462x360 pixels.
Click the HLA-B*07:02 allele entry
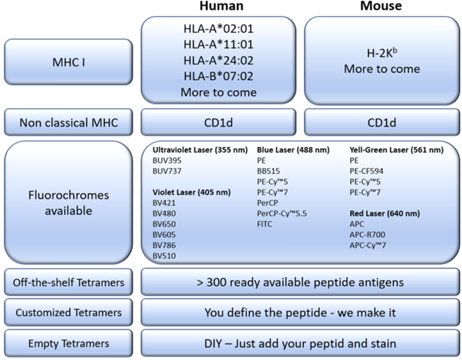(x=219, y=78)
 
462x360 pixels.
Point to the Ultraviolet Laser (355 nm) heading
(x=197, y=150)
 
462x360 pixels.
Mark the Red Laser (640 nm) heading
(x=386, y=213)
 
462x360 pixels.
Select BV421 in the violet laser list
(x=164, y=202)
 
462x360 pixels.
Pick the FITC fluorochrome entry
(x=265, y=223)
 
